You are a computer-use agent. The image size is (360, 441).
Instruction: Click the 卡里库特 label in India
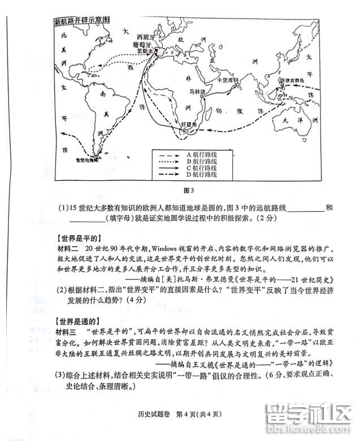(x=229, y=80)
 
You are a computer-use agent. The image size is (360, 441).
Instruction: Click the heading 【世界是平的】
(x=79, y=238)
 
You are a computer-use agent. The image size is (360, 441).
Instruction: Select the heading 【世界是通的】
(x=79, y=321)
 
